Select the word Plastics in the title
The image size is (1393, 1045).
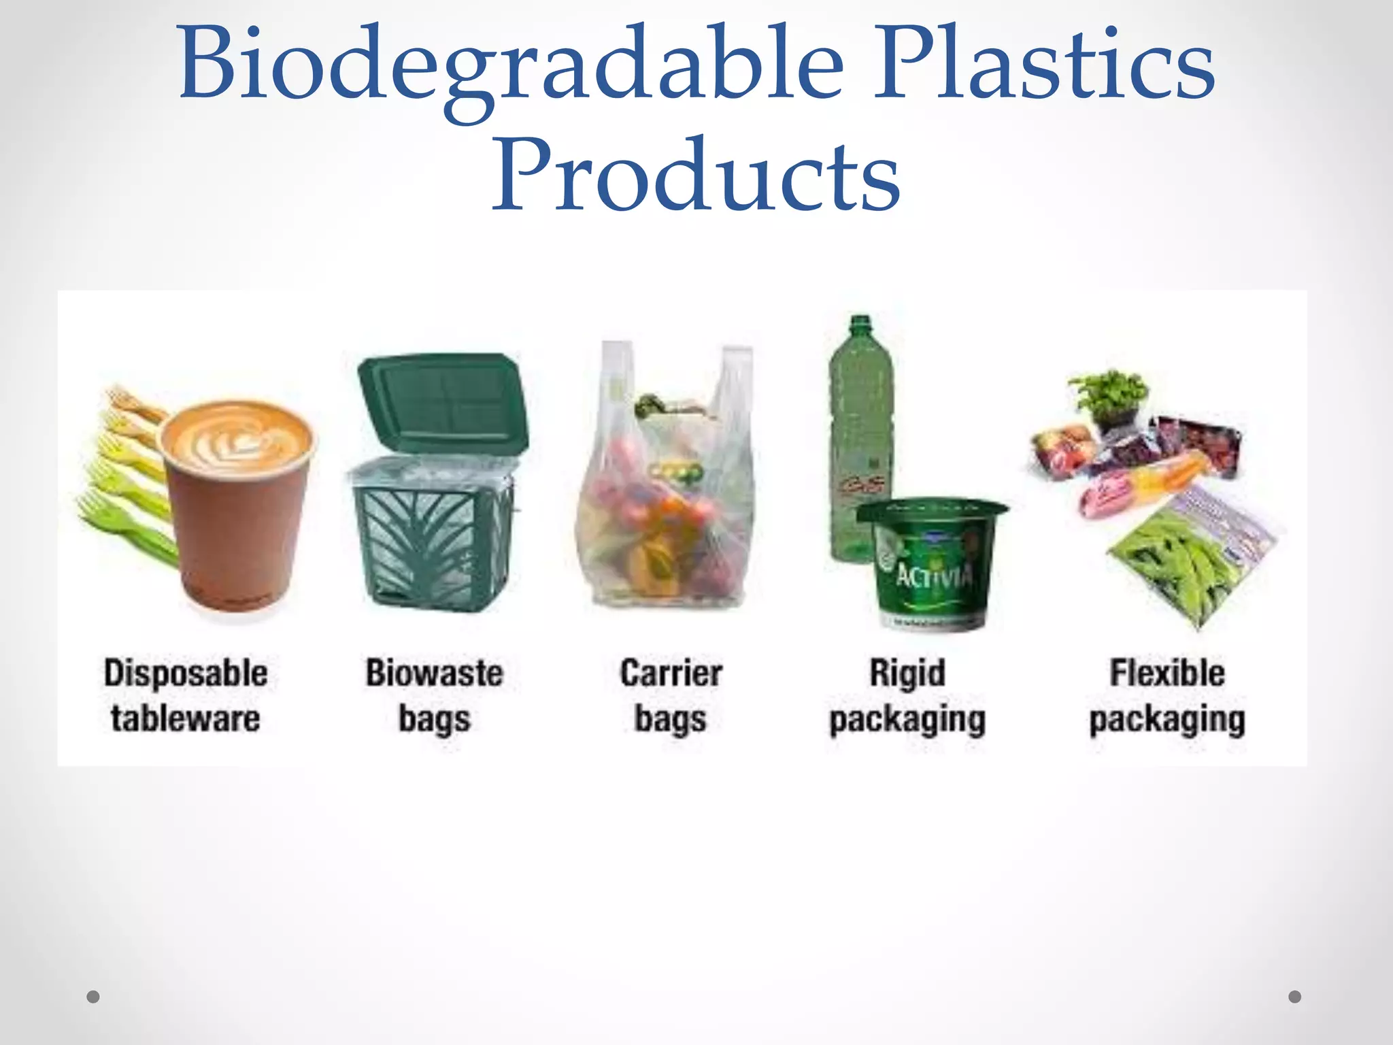[x=1044, y=65]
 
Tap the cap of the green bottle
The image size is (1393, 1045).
[x=860, y=323]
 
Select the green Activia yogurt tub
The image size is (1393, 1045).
[x=932, y=565]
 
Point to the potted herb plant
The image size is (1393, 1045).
[x=1109, y=398]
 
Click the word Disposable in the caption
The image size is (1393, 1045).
[x=186, y=674]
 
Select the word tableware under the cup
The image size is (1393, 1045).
[x=186, y=719]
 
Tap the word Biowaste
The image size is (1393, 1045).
[x=435, y=674]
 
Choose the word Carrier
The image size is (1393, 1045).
[x=671, y=674]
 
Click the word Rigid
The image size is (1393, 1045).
[x=907, y=674]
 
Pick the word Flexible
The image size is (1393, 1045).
[x=1167, y=674]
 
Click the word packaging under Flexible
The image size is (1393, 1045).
[x=1167, y=720]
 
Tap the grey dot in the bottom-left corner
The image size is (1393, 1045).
[x=93, y=997]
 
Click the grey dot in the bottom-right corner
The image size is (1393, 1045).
[x=1295, y=997]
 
